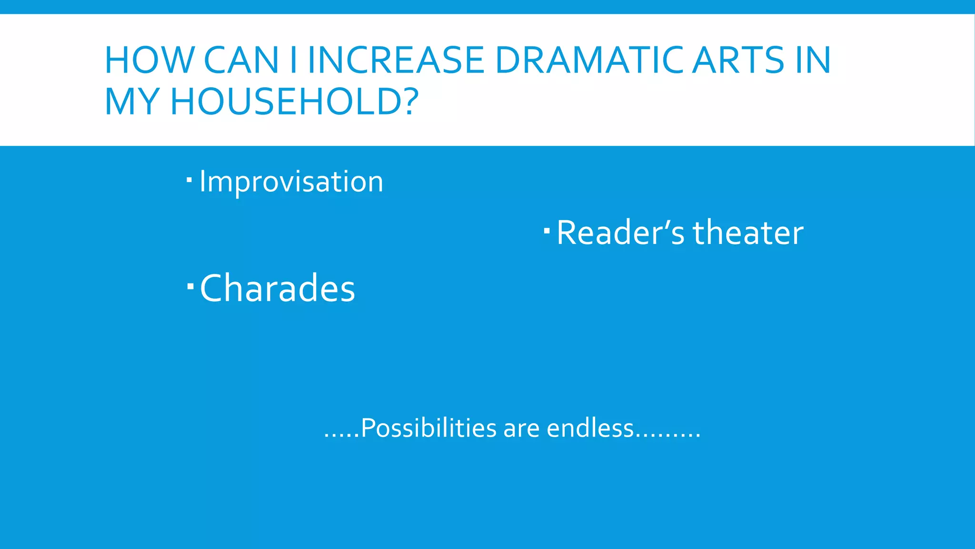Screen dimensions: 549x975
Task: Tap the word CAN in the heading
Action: [x=241, y=61]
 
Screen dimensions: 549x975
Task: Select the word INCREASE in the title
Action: [x=396, y=61]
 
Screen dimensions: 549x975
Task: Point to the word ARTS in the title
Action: [x=738, y=61]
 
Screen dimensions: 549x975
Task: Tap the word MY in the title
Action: [x=132, y=102]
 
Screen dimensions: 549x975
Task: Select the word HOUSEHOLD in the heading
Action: [x=284, y=102]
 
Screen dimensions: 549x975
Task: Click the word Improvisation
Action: [x=291, y=182]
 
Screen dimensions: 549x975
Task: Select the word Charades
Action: [x=278, y=288]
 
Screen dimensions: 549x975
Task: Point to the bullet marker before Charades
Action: [x=190, y=286]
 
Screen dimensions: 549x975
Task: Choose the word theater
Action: [x=748, y=233]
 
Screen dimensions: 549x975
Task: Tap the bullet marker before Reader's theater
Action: [x=547, y=231]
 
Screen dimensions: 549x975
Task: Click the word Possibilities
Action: [x=429, y=428]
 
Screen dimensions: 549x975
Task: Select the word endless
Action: [x=590, y=428]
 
